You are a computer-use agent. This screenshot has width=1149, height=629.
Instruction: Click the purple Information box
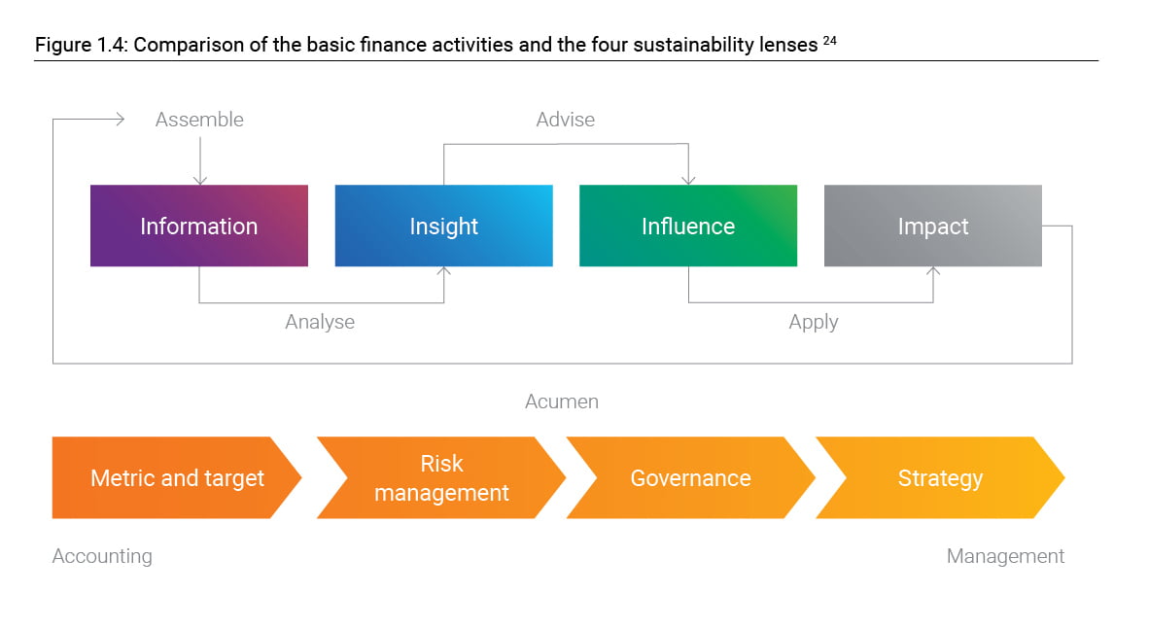pos(199,226)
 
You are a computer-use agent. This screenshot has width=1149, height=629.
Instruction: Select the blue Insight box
pos(444,226)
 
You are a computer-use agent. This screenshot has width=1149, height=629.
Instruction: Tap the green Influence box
pos(688,226)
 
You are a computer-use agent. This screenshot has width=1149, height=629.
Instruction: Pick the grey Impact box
pos(933,226)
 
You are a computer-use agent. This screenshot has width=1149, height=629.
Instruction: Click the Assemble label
pos(199,120)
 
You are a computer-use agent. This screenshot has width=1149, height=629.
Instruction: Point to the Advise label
pos(565,120)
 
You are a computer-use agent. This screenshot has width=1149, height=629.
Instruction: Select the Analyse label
pos(320,322)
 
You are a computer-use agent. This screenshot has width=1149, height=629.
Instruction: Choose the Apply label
pos(814,322)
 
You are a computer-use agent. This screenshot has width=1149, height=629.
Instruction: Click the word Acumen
pos(561,402)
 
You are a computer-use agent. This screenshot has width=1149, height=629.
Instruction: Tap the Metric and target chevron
pos(176,478)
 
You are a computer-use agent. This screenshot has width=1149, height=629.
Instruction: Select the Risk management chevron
pos(441,478)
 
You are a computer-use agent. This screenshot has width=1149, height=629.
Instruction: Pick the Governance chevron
pos(691,478)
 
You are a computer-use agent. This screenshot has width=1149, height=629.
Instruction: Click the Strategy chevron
pos(940,478)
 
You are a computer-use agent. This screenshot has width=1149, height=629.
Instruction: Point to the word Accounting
pos(102,556)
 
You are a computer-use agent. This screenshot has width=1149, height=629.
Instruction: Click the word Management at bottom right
pos(1005,556)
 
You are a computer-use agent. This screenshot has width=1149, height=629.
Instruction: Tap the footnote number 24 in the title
pos(829,41)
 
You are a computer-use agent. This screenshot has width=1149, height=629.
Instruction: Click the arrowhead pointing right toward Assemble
pos(121,119)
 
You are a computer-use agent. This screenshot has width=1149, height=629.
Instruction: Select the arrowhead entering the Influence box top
pos(688,181)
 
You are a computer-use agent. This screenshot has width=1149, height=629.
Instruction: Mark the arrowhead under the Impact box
pos(933,271)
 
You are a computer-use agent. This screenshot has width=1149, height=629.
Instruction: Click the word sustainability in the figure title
pos(693,45)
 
